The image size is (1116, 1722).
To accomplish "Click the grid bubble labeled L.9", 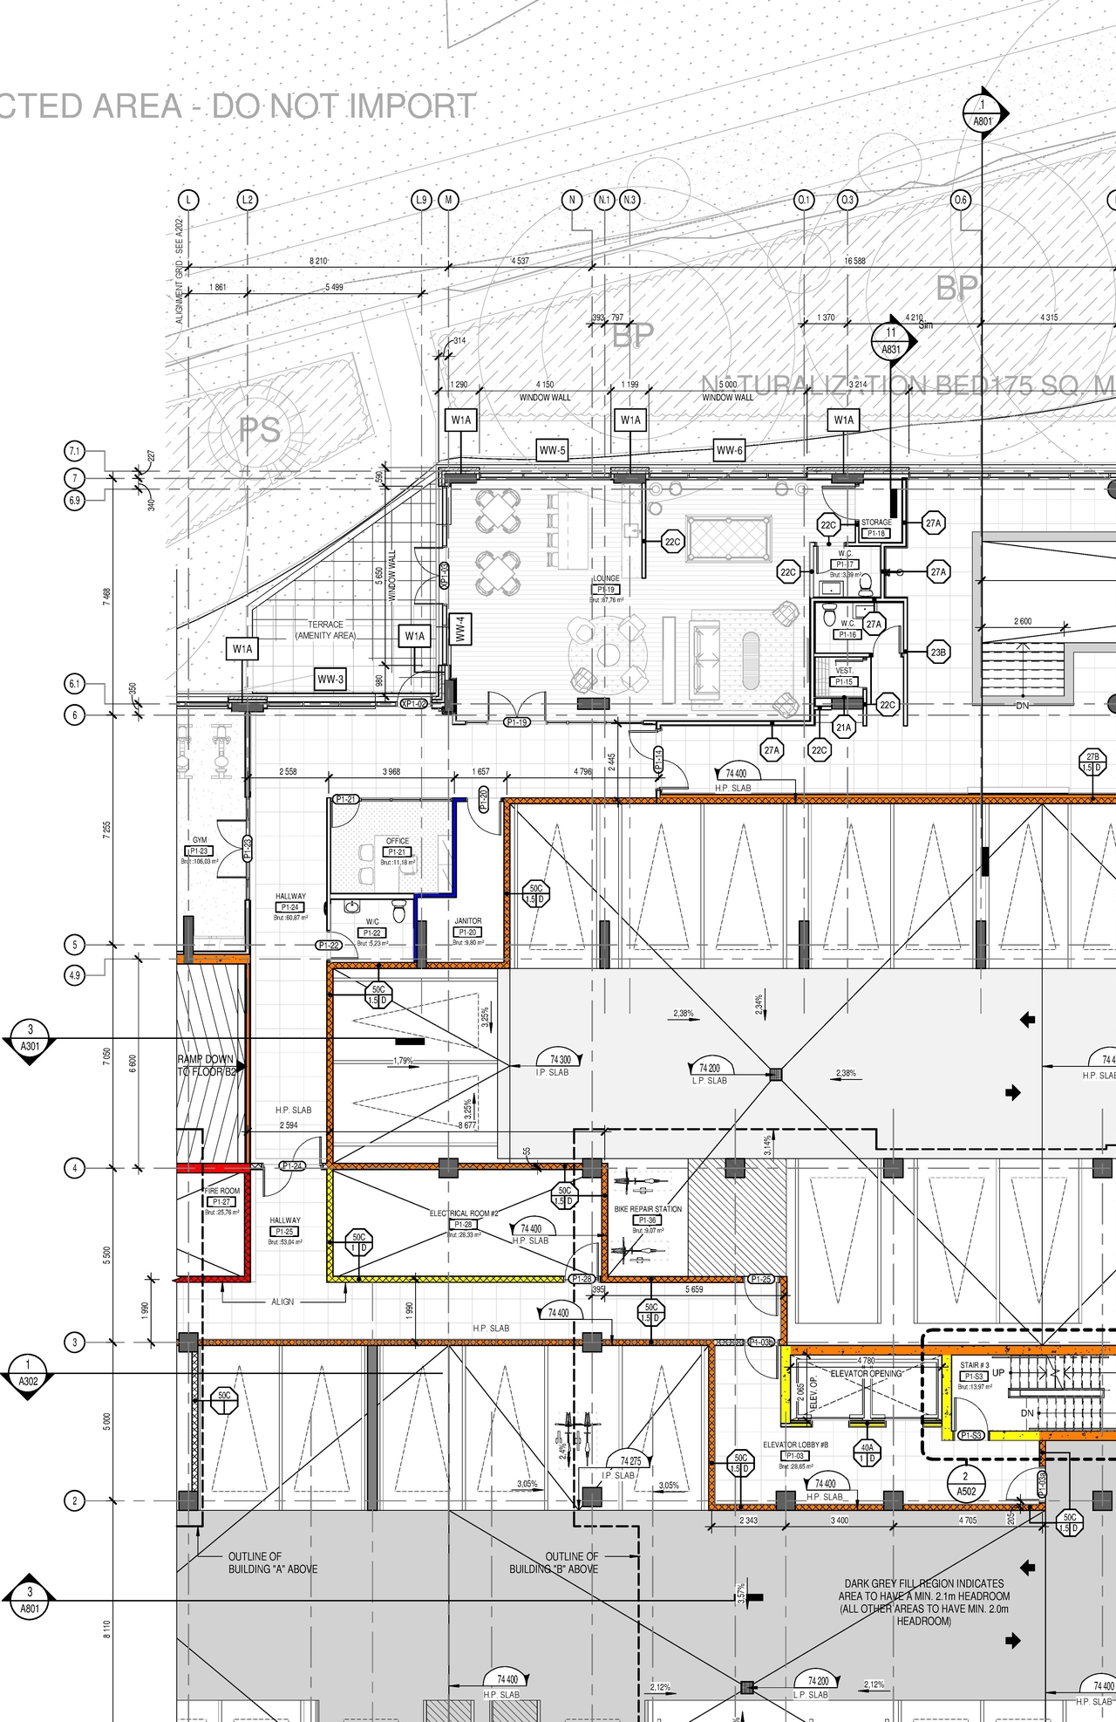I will point(421,200).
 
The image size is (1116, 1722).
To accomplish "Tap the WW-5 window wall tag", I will point(552,451).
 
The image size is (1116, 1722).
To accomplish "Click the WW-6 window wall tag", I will point(729,451).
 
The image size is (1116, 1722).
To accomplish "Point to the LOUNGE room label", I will point(607,579).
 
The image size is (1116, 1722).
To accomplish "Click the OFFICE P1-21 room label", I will point(398,841).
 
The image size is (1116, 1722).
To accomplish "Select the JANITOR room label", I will point(467,921).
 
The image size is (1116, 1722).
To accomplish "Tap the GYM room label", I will point(200,841).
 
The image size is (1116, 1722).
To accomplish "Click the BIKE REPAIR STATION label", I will point(648,1209).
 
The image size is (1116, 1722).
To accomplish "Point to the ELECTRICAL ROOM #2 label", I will point(463,1213).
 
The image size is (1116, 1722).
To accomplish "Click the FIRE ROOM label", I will point(222,1191).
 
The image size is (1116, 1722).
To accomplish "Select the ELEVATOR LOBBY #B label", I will point(795,1445).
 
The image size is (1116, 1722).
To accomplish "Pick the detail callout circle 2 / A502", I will point(965,1484).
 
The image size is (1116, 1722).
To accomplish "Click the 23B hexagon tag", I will point(938,652).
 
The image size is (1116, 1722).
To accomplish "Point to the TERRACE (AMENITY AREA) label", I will point(325,630).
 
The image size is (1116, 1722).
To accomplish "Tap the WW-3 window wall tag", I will point(330,680).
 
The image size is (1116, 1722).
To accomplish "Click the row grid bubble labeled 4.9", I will point(75,975).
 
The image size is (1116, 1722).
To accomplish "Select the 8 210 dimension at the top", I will point(318,261).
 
